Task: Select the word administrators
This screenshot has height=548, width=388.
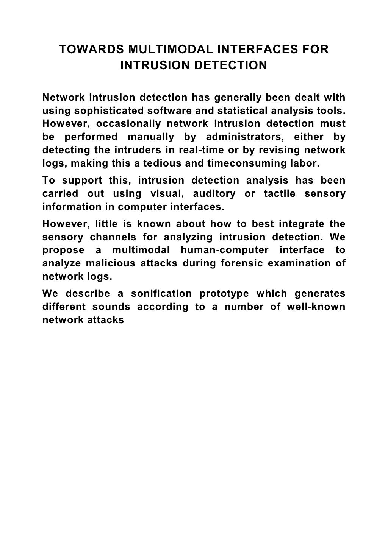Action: coord(241,137)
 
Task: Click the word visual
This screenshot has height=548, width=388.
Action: coord(165,194)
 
